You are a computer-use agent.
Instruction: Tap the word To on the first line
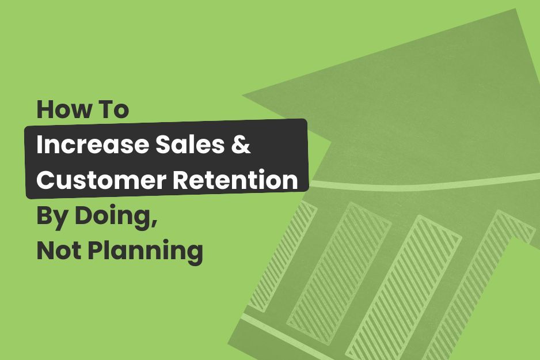(113, 109)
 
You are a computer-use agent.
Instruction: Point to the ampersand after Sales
(242, 145)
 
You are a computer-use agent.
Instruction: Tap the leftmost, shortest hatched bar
(288, 253)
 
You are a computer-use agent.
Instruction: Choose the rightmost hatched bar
(478, 288)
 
